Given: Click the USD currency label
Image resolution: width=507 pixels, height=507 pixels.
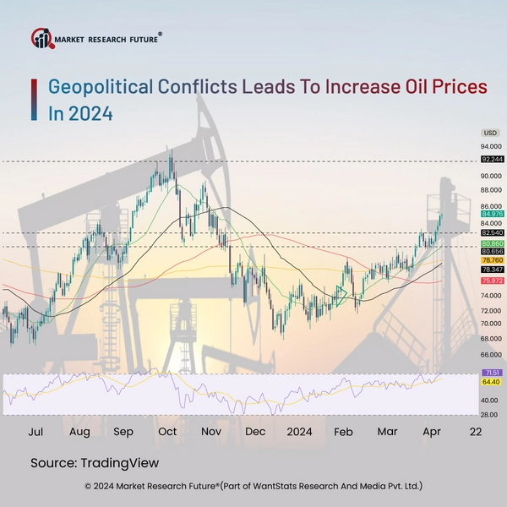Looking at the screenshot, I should point(490,134).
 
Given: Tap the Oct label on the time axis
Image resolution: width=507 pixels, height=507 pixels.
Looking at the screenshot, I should point(166,431).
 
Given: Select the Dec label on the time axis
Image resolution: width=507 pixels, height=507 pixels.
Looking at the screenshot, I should point(255,431).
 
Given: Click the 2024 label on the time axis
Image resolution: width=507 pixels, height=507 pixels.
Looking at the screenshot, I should point(298,431).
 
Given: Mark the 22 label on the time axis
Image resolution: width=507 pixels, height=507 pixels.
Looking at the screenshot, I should point(476,431).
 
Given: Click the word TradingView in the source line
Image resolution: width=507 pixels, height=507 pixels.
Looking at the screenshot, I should point(119,463).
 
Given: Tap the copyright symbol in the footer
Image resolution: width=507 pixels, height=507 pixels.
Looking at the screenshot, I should point(89,487).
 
